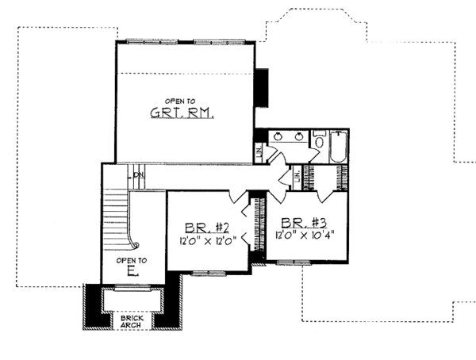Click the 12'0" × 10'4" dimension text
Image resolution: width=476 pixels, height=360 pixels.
(x=306, y=236)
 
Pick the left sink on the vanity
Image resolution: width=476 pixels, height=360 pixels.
(x=277, y=136)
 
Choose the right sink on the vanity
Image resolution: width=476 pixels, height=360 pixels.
(x=299, y=136)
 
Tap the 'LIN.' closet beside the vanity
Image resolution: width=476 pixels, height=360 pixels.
(x=260, y=151)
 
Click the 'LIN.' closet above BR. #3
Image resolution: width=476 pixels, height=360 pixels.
(x=297, y=178)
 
